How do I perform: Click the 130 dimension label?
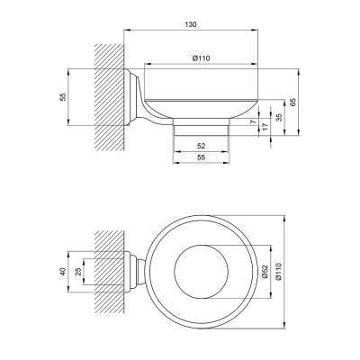[x=191, y=24]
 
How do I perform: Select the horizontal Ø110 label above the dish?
[x=202, y=58]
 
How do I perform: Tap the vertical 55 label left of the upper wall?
[x=63, y=96]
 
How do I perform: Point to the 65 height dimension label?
[x=293, y=102]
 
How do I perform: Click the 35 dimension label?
[x=279, y=117]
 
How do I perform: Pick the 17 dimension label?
[x=265, y=127]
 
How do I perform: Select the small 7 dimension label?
[x=253, y=121]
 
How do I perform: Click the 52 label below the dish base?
[x=202, y=146]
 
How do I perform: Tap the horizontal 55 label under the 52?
[x=202, y=157]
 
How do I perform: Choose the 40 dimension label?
[x=63, y=272]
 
